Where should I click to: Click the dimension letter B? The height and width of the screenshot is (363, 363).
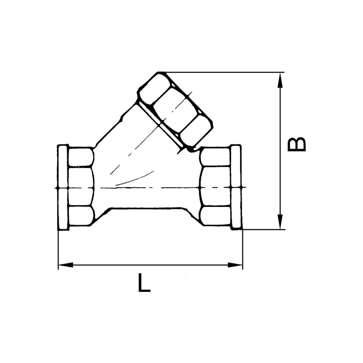(297, 144)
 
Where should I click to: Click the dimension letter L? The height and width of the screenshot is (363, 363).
(144, 283)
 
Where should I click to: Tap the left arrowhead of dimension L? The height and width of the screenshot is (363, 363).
(66, 265)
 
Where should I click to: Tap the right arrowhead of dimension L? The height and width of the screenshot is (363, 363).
(235, 265)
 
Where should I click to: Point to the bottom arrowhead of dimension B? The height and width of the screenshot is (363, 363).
(280, 222)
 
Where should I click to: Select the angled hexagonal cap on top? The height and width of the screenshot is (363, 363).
(175, 110)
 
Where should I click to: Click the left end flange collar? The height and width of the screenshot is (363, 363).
(63, 188)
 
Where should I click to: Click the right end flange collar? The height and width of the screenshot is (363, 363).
(236, 187)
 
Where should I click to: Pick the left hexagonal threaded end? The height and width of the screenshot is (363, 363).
(81, 187)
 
